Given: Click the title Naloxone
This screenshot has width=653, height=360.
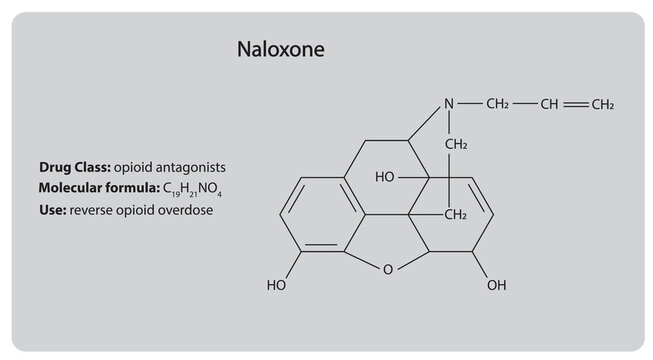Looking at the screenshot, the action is (280, 49).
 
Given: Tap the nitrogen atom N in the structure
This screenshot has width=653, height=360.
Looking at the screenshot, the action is (450, 104).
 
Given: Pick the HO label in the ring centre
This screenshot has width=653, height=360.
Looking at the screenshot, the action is (385, 177).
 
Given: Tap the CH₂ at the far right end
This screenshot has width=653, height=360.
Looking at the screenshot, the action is (601, 104).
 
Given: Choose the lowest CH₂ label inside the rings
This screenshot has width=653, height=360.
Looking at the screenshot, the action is (456, 215).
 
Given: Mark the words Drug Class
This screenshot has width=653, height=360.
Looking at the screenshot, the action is (74, 164).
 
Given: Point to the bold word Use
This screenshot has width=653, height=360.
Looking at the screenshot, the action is (52, 212).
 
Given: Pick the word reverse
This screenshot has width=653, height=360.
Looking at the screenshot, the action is (91, 212).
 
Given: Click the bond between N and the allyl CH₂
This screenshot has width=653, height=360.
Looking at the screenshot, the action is (471, 104).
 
